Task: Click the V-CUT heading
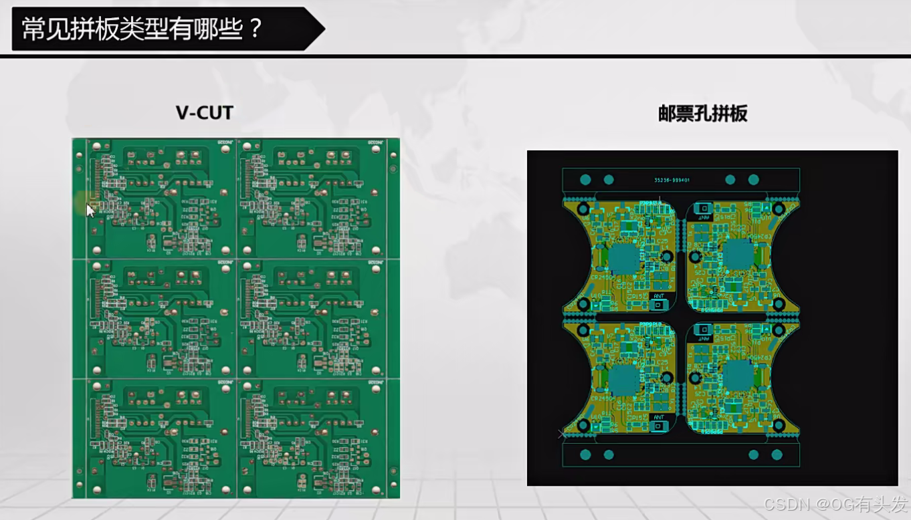coord(205,112)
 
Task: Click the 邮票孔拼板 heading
coord(702,114)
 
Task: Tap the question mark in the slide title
coord(254,29)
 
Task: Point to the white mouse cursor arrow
coord(90,209)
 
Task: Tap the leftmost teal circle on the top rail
coord(585,179)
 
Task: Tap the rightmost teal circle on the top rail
coord(753,179)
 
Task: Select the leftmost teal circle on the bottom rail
coord(585,454)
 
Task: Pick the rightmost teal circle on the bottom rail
coord(777,454)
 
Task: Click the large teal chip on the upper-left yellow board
coord(623,257)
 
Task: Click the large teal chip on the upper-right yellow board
coord(739,255)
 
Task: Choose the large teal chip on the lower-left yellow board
coord(623,379)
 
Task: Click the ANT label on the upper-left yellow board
coord(658,295)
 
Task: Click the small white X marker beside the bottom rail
coord(562,434)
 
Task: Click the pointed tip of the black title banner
coord(324,29)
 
